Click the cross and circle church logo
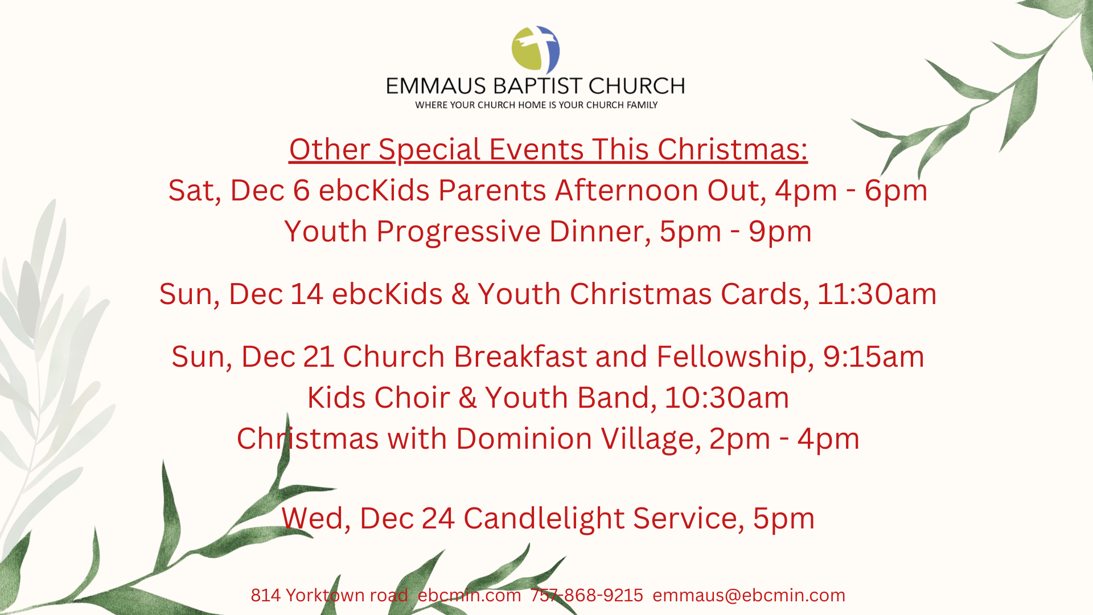point(536,50)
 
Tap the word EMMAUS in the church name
point(436,86)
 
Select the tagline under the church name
point(536,105)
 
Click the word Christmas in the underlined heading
point(732,149)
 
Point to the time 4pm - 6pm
point(851,190)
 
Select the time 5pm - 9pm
point(735,232)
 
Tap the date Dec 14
point(276,294)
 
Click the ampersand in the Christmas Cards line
point(460,294)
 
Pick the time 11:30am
point(877,294)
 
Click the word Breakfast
point(520,356)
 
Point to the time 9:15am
point(873,356)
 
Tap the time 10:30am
point(726,397)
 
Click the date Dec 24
point(407,518)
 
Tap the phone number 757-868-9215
point(587,595)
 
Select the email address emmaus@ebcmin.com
point(749,595)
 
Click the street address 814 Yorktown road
point(329,595)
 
